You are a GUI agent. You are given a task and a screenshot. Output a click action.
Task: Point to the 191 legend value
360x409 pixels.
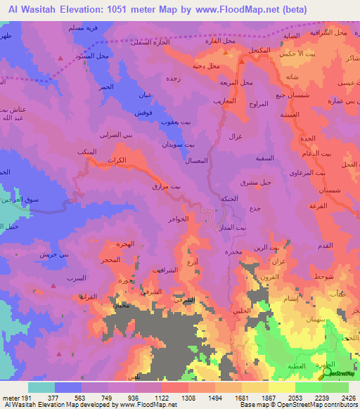click(x=25, y=397)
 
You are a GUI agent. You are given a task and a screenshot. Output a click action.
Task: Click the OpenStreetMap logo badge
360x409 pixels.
click(x=340, y=372)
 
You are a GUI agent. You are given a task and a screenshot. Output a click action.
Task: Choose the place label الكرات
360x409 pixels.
click(x=118, y=161)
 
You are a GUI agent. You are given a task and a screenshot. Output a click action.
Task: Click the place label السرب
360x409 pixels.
click(x=75, y=278)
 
